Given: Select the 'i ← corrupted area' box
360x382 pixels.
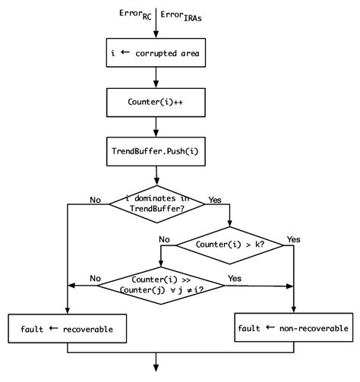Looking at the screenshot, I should pyautogui.click(x=156, y=55).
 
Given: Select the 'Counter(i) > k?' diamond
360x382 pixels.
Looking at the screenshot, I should pyautogui.click(x=230, y=245).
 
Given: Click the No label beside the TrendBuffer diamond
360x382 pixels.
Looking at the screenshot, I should pyautogui.click(x=95, y=200).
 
